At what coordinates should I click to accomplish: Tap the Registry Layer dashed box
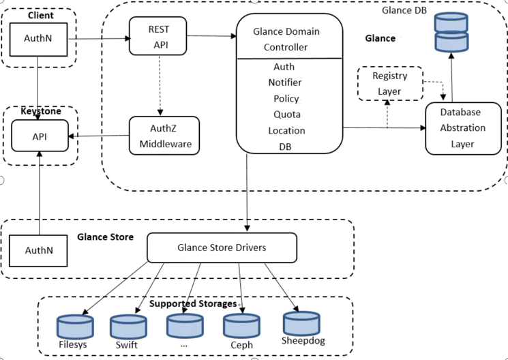click(389, 82)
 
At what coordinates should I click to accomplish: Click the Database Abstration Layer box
click(462, 127)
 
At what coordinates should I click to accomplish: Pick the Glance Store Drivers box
click(222, 247)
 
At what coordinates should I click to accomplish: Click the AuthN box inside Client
click(39, 39)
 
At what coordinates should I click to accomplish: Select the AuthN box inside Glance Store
click(39, 250)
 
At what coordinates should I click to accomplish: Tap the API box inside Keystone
click(39, 136)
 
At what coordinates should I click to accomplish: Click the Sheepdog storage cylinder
click(301, 321)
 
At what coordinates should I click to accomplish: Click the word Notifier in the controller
click(285, 82)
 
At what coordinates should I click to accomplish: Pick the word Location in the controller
click(287, 130)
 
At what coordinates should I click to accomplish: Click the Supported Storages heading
click(194, 303)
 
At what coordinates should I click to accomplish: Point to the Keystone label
click(40, 110)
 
